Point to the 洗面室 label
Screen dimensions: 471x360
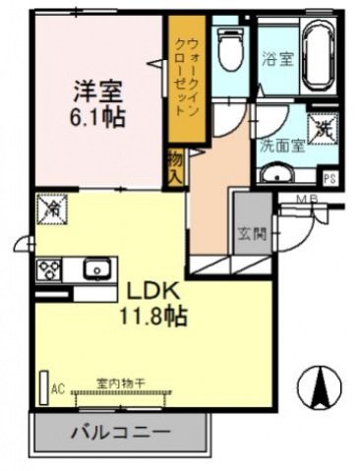278,145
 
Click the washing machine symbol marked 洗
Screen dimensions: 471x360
324,128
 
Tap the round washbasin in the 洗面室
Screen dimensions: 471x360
276,175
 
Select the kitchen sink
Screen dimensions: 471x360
97,267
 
